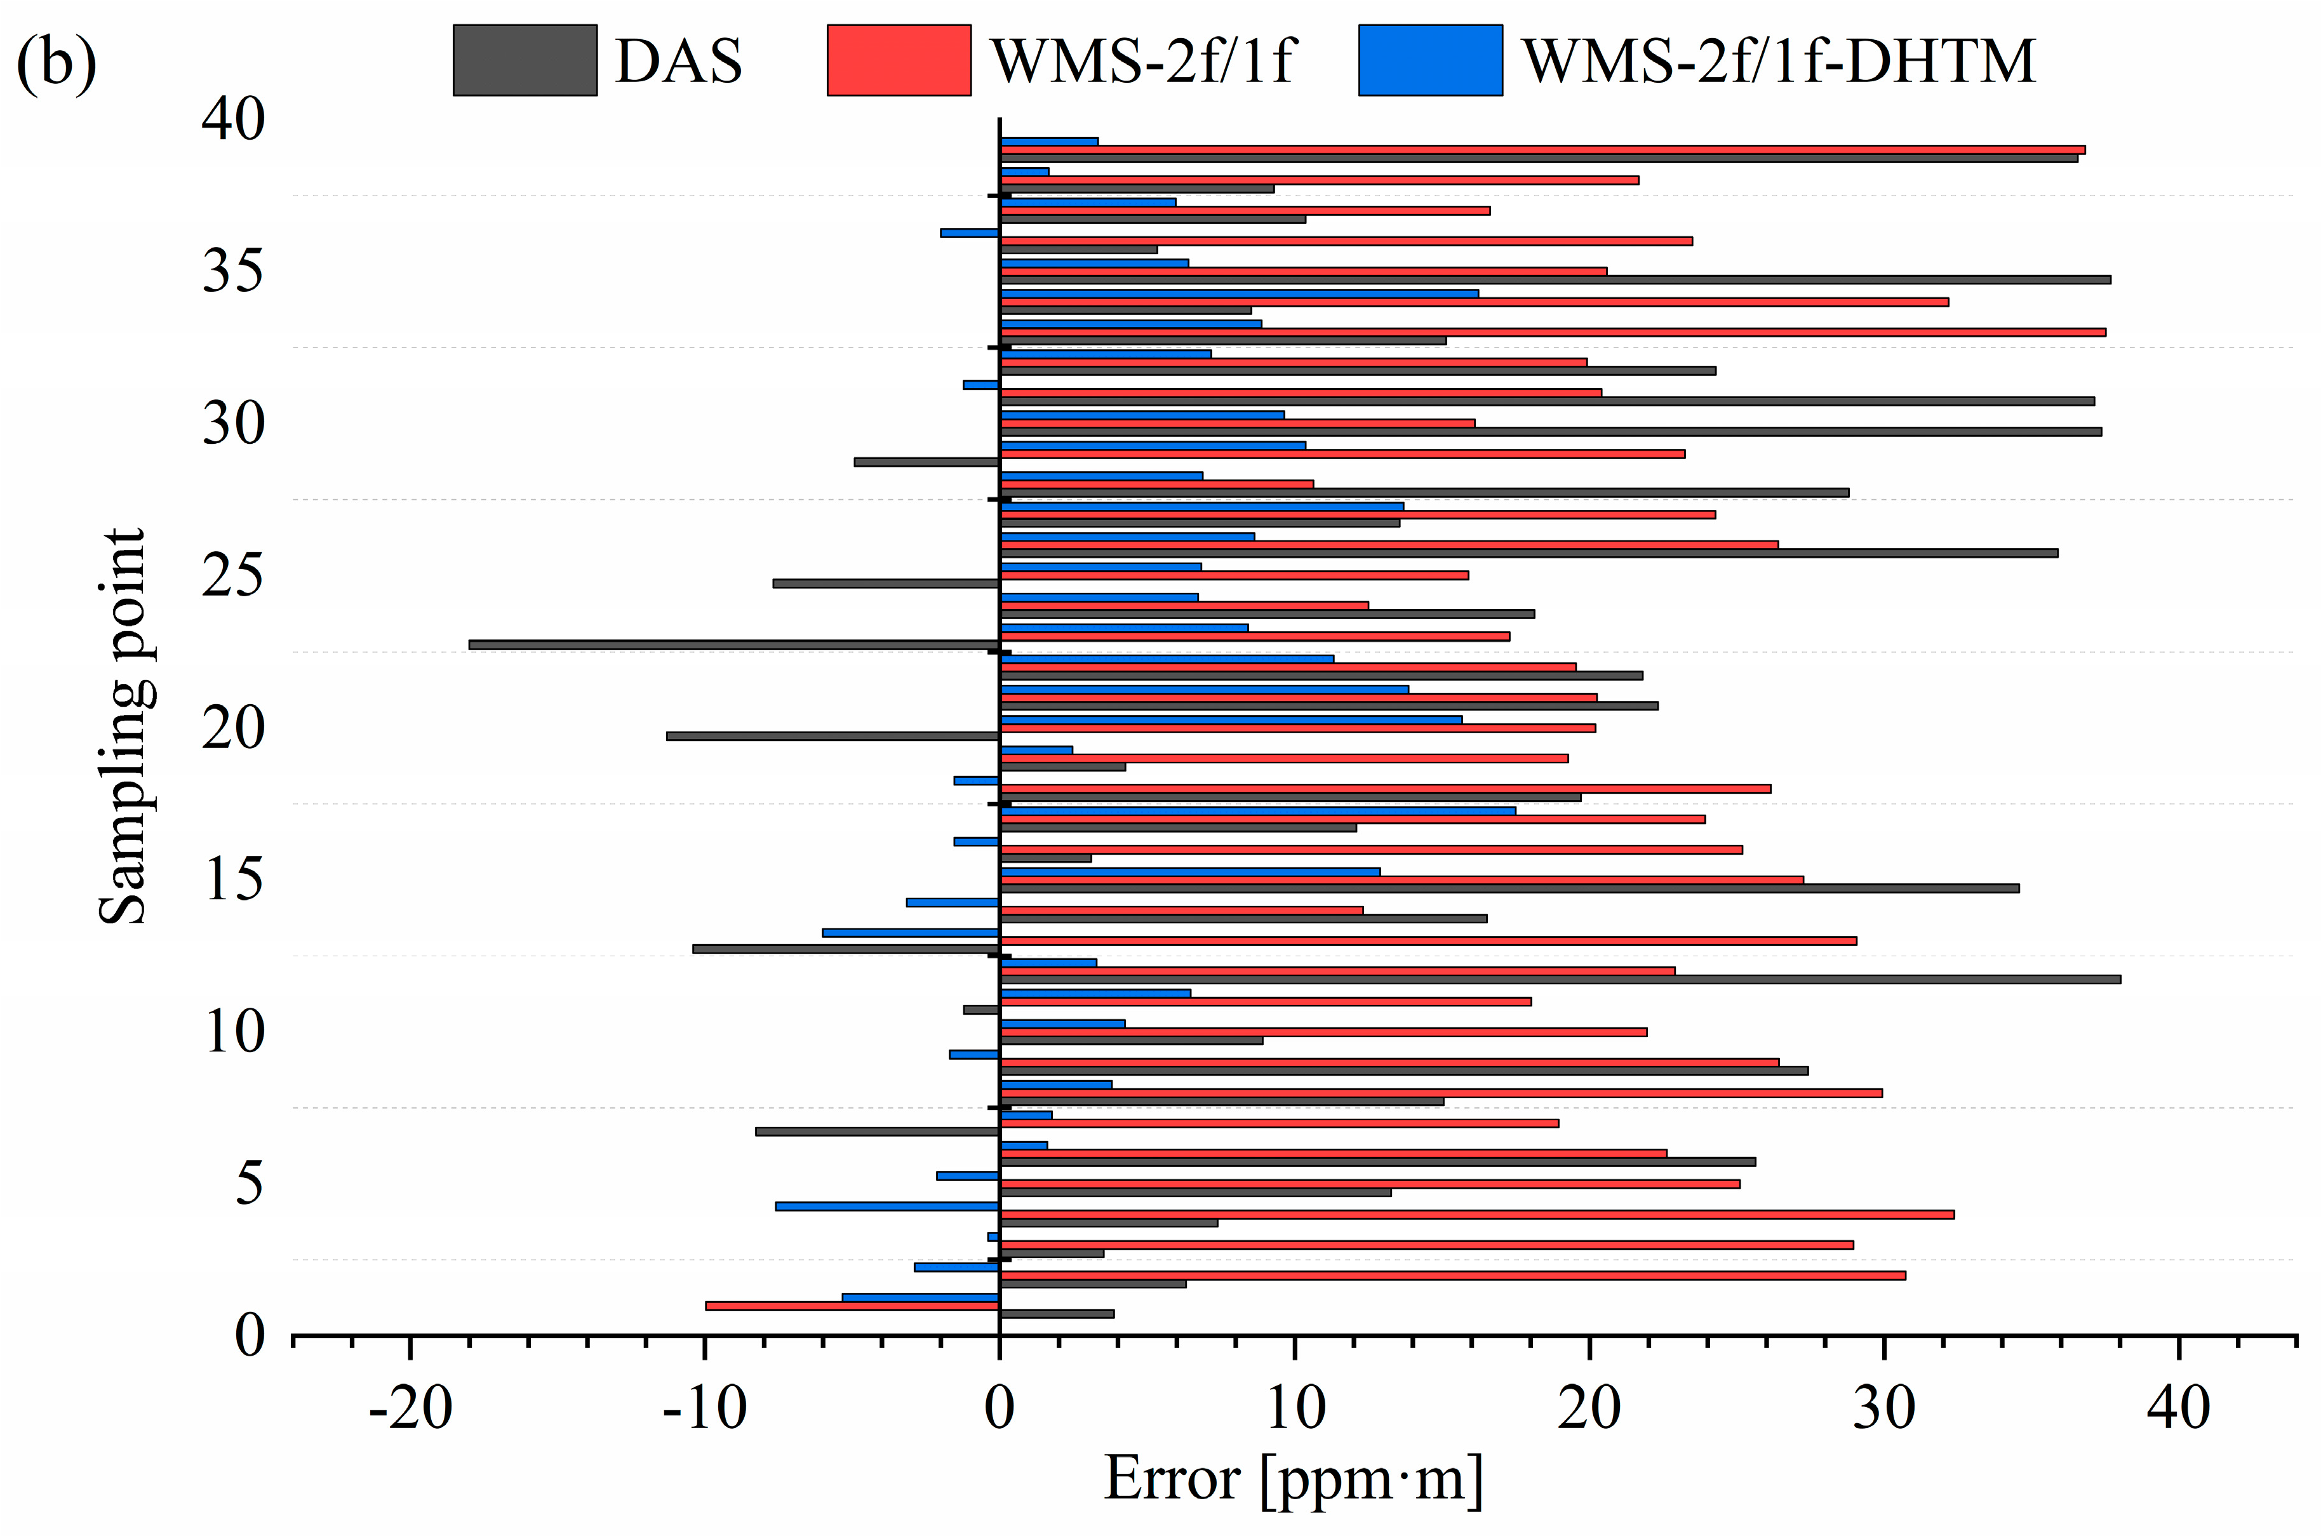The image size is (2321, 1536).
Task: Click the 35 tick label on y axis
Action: [x=233, y=271]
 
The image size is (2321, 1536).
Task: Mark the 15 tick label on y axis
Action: [x=233, y=879]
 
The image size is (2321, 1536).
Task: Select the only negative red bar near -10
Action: [x=852, y=1306]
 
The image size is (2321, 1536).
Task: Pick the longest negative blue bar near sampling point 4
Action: [x=886, y=1206]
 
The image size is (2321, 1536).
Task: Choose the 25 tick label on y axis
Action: [x=233, y=575]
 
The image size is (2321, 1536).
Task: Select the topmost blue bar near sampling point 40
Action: [x=1048, y=141]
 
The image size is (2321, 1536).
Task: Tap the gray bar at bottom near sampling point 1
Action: [x=1056, y=1314]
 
